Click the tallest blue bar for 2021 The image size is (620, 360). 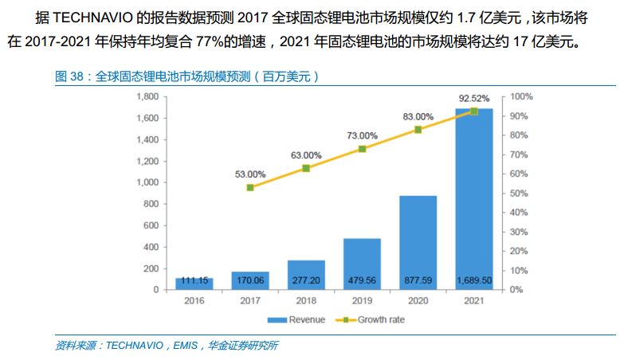[473, 199]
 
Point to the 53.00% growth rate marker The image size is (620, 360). [250, 187]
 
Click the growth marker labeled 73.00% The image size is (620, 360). [362, 149]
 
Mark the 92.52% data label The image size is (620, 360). [473, 99]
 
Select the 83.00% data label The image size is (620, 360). [418, 116]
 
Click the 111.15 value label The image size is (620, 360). [194, 280]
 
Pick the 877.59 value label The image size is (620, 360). [418, 280]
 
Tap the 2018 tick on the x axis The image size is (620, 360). [306, 302]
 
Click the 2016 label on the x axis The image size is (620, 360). [194, 302]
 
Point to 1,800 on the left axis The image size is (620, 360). [147, 96]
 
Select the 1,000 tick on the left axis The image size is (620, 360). [147, 182]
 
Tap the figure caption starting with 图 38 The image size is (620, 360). [187, 76]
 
